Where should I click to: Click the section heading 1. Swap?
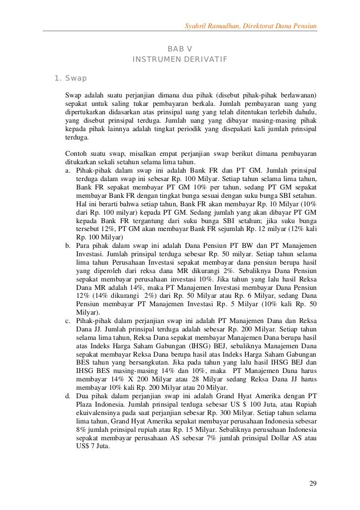[70, 78]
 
